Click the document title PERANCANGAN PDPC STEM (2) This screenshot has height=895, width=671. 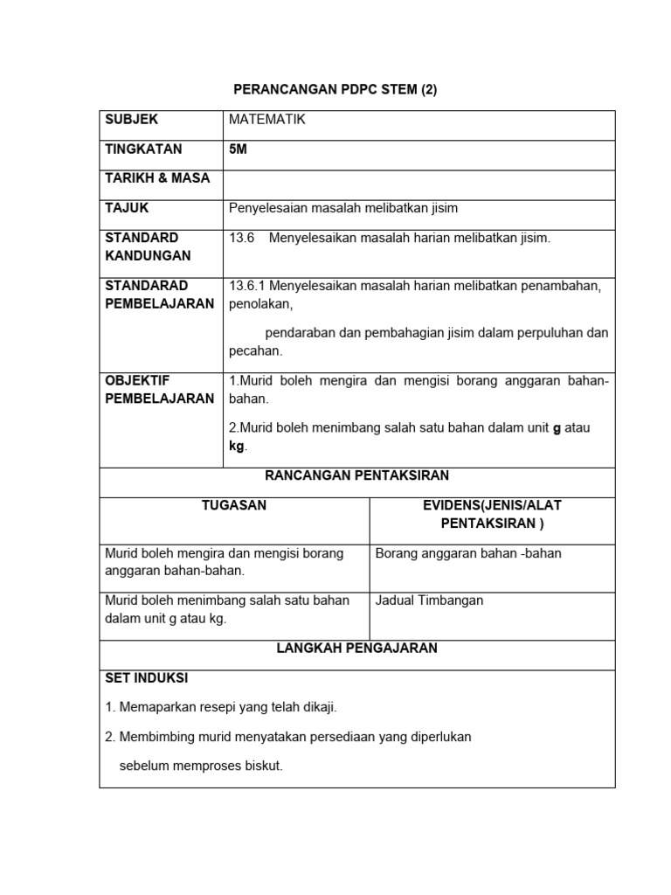click(335, 90)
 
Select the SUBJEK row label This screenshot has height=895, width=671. click(131, 120)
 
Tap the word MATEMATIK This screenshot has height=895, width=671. click(267, 120)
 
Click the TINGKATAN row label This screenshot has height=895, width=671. click(143, 149)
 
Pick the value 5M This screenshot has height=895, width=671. click(238, 149)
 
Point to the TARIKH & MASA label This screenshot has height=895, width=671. click(157, 178)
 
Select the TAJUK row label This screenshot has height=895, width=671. click(128, 208)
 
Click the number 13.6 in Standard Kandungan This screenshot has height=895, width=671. click(241, 238)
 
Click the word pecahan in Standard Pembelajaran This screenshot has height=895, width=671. click(256, 351)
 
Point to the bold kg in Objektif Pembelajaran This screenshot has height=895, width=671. click(237, 447)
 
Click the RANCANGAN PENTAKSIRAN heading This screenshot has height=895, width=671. click(356, 475)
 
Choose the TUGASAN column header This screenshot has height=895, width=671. click(234, 505)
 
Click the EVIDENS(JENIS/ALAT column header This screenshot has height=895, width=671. click(492, 505)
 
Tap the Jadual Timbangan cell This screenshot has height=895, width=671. click(429, 600)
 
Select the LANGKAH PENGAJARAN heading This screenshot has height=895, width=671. click(356, 649)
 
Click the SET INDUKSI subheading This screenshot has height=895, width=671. click(146, 678)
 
